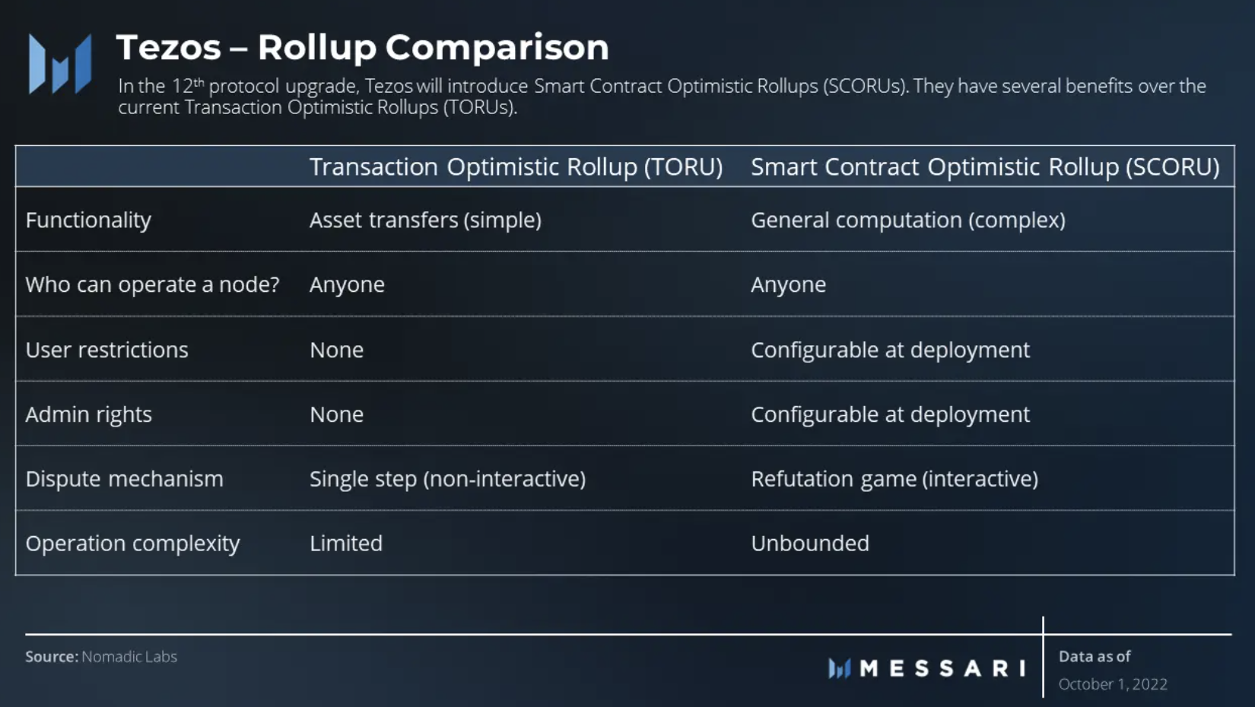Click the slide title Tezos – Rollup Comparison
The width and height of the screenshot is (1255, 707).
pyautogui.click(x=363, y=48)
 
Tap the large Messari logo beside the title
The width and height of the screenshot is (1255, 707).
pyautogui.click(x=60, y=64)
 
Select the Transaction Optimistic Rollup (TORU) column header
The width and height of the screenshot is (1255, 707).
pyautogui.click(x=516, y=166)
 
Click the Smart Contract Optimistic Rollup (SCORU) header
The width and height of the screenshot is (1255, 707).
pyautogui.click(x=985, y=166)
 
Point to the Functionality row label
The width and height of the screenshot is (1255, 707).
pyautogui.click(x=88, y=220)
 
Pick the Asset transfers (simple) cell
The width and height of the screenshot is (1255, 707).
pyautogui.click(x=425, y=220)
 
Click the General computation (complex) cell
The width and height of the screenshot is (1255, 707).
pyautogui.click(x=907, y=220)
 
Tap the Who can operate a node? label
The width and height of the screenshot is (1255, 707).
pyautogui.click(x=152, y=284)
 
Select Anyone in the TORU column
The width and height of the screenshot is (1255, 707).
pyautogui.click(x=347, y=285)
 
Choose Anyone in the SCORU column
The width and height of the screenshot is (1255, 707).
pyautogui.click(x=788, y=285)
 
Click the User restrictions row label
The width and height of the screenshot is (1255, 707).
pyautogui.click(x=106, y=350)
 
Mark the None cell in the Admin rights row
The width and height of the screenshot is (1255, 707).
pyautogui.click(x=337, y=415)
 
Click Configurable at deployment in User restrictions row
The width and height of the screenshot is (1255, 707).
pyautogui.click(x=890, y=350)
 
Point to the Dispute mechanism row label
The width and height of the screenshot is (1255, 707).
pyautogui.click(x=125, y=479)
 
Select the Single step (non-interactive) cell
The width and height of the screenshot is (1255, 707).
pyautogui.click(x=448, y=479)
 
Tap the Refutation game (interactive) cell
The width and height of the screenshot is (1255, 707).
pyautogui.click(x=894, y=479)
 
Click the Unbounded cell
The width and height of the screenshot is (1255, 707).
pyautogui.click(x=810, y=544)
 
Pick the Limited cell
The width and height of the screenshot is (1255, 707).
pyautogui.click(x=346, y=544)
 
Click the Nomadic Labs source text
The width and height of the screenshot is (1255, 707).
pyautogui.click(x=129, y=657)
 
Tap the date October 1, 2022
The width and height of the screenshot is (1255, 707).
pyautogui.click(x=1113, y=684)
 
